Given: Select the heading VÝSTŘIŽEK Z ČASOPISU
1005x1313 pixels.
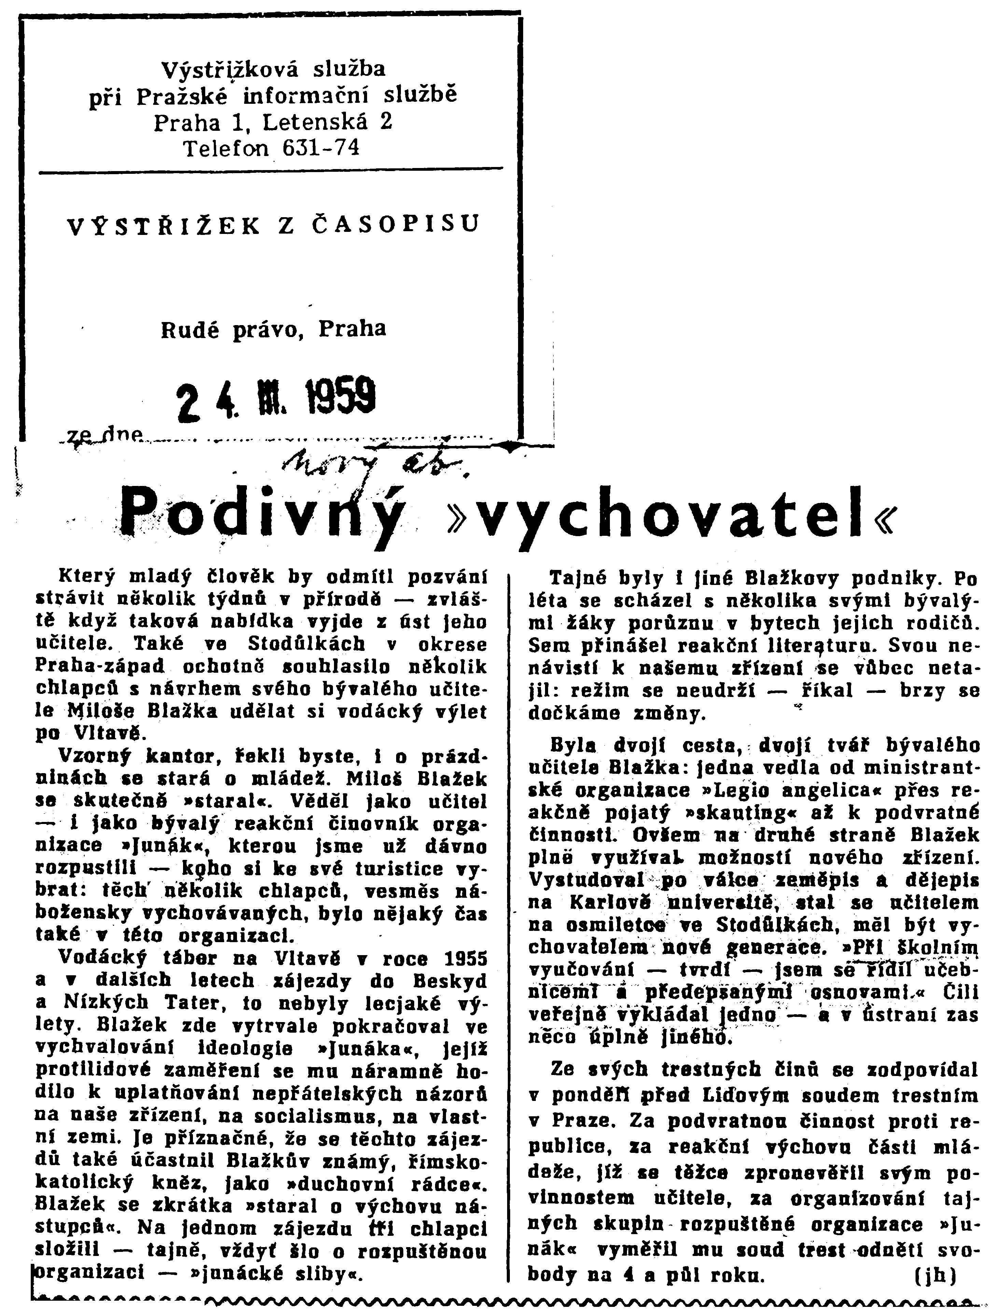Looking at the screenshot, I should [274, 225].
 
